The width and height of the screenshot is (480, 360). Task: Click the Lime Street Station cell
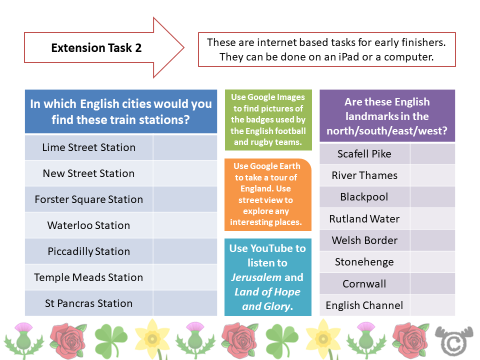[89, 147]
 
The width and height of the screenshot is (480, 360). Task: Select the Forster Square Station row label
[89, 199]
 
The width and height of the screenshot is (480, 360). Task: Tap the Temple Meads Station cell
[89, 277]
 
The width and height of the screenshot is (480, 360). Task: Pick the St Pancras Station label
[89, 303]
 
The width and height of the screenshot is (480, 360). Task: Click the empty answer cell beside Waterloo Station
[185, 225]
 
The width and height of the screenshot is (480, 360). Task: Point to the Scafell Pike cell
[364, 154]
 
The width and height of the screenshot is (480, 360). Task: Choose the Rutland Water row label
[364, 219]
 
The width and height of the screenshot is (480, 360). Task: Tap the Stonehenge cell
[364, 262]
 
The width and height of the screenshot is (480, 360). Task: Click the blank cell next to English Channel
[432, 305]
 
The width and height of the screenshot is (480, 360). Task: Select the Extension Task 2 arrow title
[97, 48]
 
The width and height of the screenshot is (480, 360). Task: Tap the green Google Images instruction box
[268, 120]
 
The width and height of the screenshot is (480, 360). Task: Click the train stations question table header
[121, 111]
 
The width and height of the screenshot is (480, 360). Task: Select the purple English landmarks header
[387, 116]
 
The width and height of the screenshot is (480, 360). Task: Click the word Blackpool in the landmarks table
[364, 197]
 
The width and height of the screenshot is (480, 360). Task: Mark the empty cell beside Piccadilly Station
[185, 251]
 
